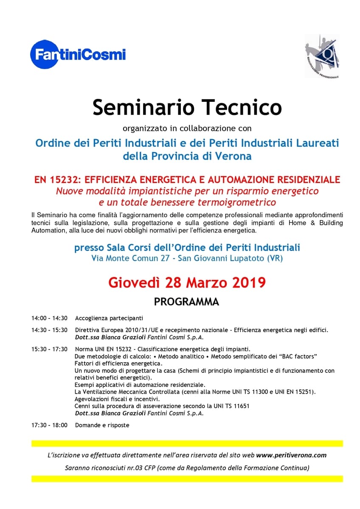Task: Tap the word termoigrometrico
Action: (239, 202)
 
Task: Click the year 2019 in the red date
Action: (247, 282)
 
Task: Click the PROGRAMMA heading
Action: (186, 302)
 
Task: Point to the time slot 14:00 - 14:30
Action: (49, 318)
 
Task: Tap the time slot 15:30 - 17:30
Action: (49, 349)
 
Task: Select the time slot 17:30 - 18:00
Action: (49, 425)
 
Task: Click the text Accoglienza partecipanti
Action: (109, 318)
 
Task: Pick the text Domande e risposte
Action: (102, 425)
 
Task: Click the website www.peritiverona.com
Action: (291, 455)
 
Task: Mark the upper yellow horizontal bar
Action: (187, 443)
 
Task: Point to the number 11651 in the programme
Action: (241, 406)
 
